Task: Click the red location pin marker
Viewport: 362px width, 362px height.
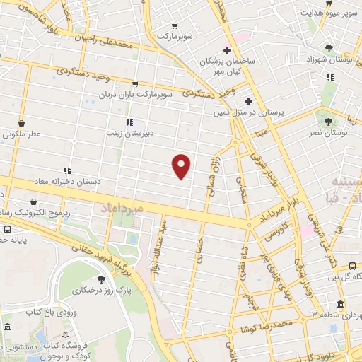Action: click(182, 165)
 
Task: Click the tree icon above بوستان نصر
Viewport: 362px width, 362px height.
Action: click(327, 115)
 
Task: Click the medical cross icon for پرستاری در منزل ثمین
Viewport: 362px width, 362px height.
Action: click(248, 101)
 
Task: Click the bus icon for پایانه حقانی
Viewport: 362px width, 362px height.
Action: click(7, 230)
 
